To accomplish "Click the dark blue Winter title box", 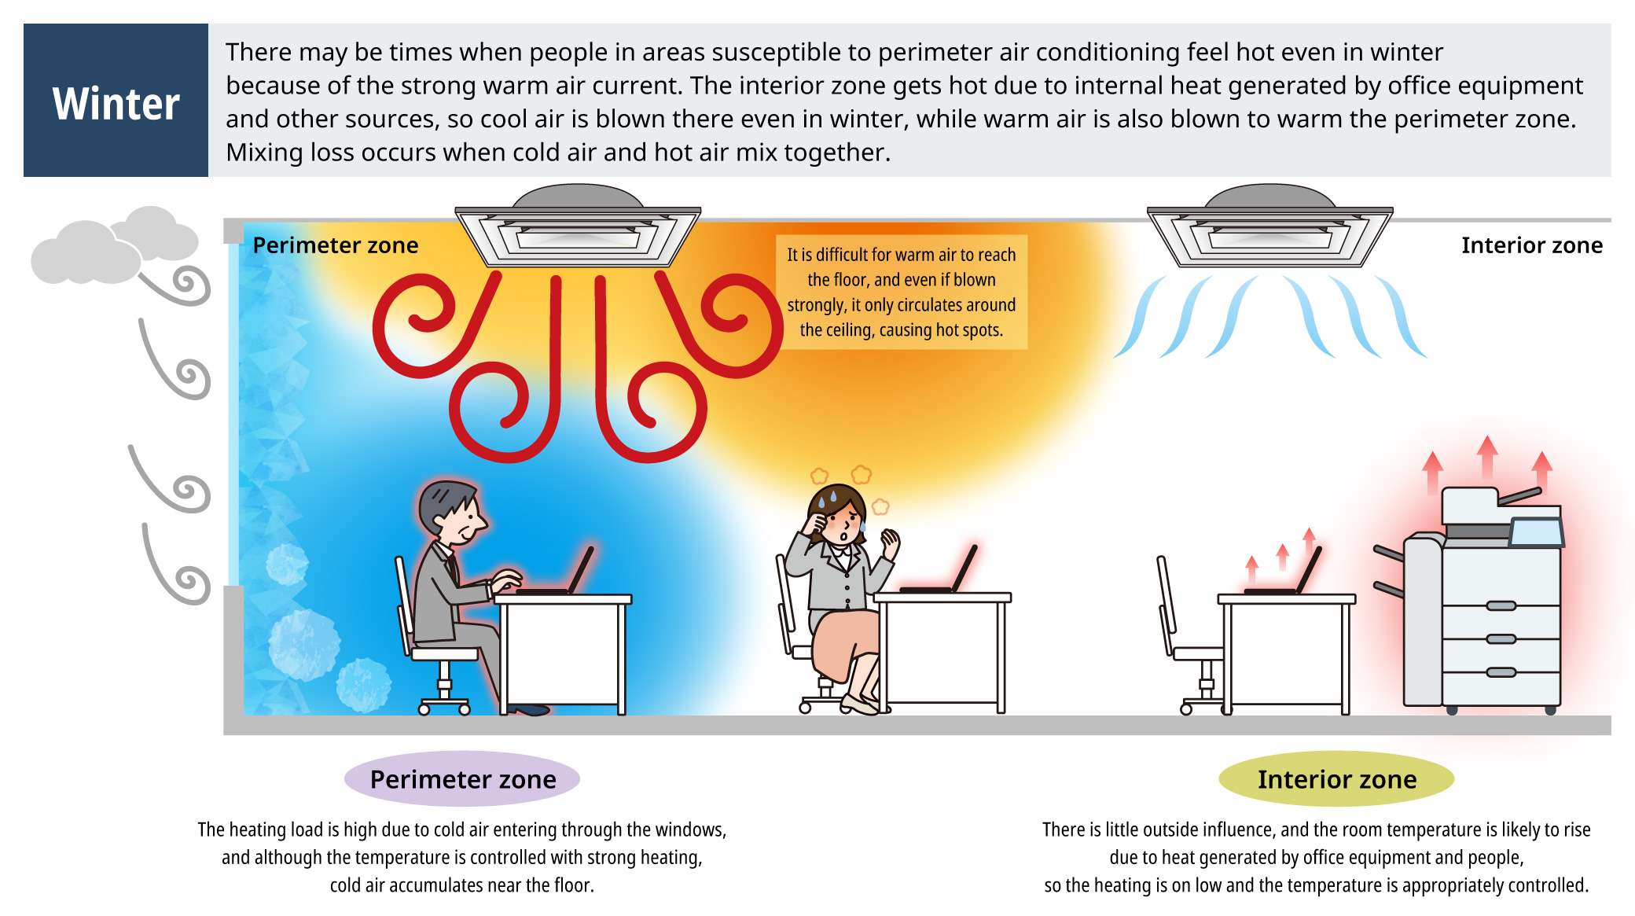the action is [116, 100].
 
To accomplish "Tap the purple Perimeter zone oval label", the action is [462, 778].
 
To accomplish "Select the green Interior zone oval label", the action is [1336, 778].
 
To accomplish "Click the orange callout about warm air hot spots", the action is [902, 292].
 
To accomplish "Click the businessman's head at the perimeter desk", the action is [451, 514].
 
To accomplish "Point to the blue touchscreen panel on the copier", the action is [1536, 532].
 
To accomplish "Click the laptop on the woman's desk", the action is [939, 571].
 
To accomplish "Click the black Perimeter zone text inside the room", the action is [336, 245].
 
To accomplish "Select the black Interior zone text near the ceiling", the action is [1532, 245].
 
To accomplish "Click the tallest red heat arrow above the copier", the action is [1486, 457].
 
